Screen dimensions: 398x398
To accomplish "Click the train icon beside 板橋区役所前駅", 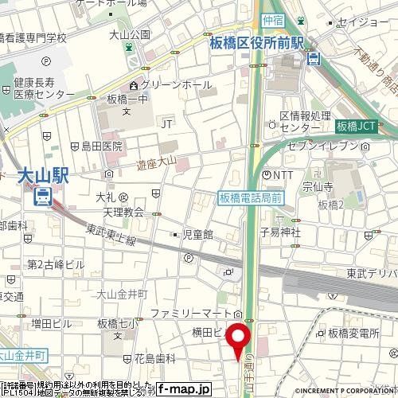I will (x=315, y=57).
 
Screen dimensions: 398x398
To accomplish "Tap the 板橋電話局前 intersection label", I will (x=250, y=196).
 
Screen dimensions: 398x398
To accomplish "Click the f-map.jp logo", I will (x=182, y=390).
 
